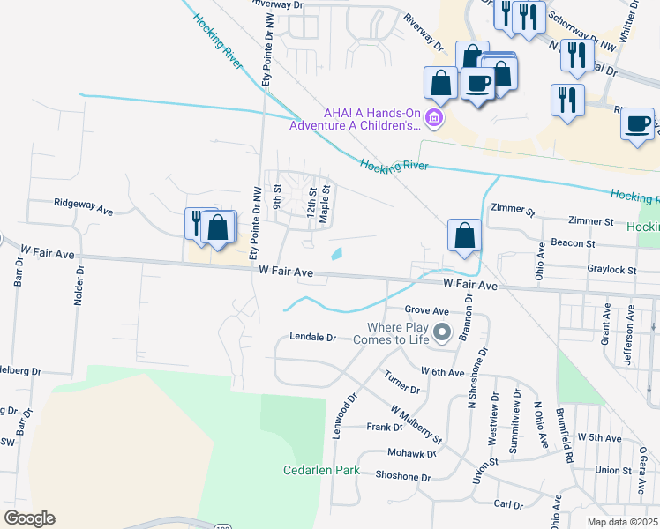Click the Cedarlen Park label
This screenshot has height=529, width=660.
320,470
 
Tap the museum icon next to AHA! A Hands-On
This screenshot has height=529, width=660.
432,117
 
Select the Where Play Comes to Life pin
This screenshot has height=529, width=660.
442,332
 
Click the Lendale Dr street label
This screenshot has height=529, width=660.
313,338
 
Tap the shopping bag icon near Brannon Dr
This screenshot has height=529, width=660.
463,236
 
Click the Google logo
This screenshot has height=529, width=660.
28,518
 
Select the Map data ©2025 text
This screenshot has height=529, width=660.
621,522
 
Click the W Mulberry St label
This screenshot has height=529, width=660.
416,423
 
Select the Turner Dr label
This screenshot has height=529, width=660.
401,384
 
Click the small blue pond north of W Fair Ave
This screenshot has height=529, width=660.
337,255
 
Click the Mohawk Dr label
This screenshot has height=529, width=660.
411,453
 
